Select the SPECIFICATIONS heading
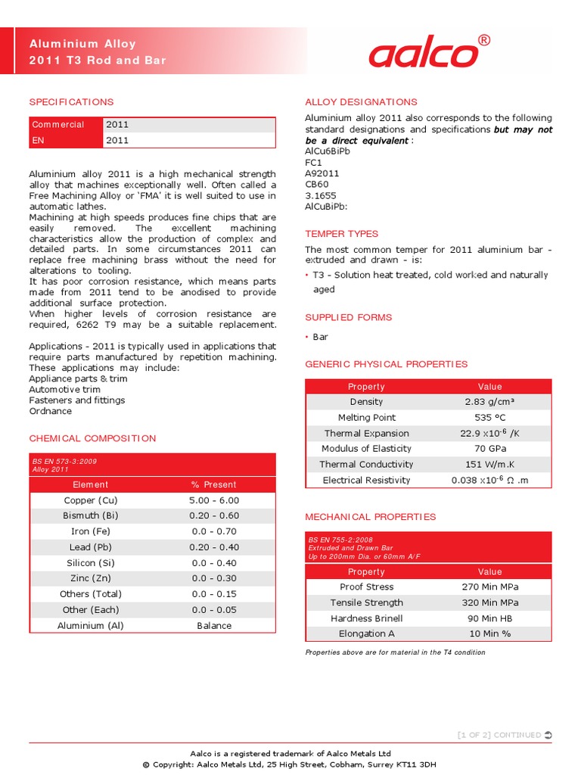point(71,102)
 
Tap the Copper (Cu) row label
point(91,500)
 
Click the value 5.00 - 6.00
point(214,500)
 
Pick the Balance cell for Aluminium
point(214,626)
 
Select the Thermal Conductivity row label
point(366,465)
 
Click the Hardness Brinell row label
point(366,618)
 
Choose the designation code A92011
point(322,173)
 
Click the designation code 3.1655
point(321,195)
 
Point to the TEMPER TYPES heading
point(341,234)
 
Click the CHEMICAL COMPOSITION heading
point(92,438)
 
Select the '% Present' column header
point(214,484)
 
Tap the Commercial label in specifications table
point(58,125)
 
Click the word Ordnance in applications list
point(51,412)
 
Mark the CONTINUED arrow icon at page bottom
point(548,735)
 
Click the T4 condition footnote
point(395,652)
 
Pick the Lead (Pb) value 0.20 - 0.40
point(214,547)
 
